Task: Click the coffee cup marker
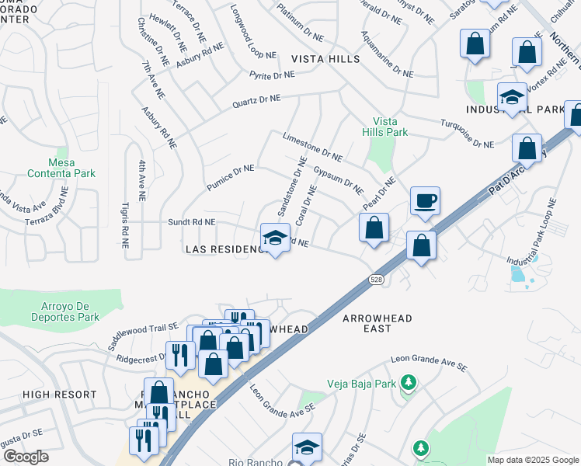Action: tap(425, 201)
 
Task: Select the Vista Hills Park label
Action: tap(390, 127)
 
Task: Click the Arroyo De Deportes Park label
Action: tap(61, 311)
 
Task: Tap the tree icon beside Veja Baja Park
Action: tap(409, 383)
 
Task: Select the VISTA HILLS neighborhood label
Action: tap(325, 59)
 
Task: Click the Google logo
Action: tap(26, 457)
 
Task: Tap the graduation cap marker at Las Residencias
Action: tap(275, 238)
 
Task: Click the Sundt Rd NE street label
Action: tap(192, 222)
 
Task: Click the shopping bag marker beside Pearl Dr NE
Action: tap(374, 228)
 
